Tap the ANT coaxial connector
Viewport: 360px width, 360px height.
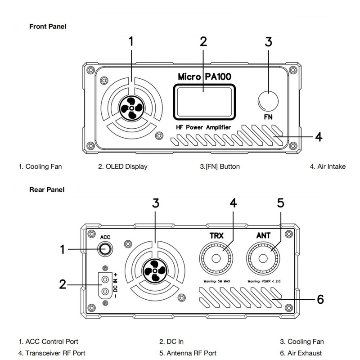(264, 260)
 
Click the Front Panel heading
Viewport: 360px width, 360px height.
(48, 27)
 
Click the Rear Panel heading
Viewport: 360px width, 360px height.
(47, 189)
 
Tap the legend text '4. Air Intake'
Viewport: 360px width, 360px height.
(328, 166)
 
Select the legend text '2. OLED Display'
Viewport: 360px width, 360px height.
(123, 166)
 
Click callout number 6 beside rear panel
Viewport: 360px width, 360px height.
(320, 299)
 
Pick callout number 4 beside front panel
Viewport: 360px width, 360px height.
(318, 136)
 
